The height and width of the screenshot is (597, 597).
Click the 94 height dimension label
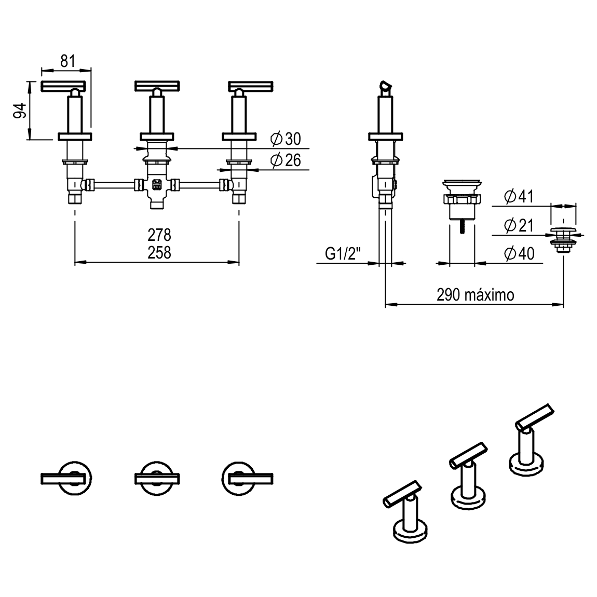point(20,110)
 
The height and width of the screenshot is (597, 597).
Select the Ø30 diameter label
point(286,139)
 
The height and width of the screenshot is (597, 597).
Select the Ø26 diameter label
point(286,160)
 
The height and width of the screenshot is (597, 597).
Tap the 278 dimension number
point(159,235)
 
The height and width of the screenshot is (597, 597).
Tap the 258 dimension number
point(159,252)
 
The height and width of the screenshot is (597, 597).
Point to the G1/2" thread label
point(343,254)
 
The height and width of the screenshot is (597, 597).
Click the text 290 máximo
point(475,295)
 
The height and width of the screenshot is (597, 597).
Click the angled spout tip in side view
point(385,87)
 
